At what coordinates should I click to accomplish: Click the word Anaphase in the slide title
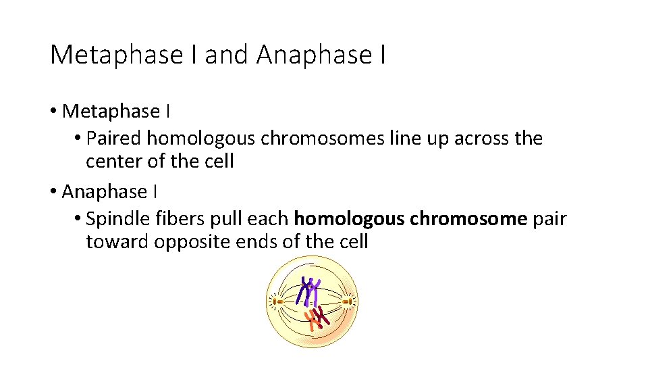[311, 55]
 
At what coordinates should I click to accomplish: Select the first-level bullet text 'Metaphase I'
[111, 111]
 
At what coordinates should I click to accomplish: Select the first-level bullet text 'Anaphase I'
[109, 192]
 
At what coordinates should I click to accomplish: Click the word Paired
[115, 139]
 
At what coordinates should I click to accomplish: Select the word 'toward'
[117, 242]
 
